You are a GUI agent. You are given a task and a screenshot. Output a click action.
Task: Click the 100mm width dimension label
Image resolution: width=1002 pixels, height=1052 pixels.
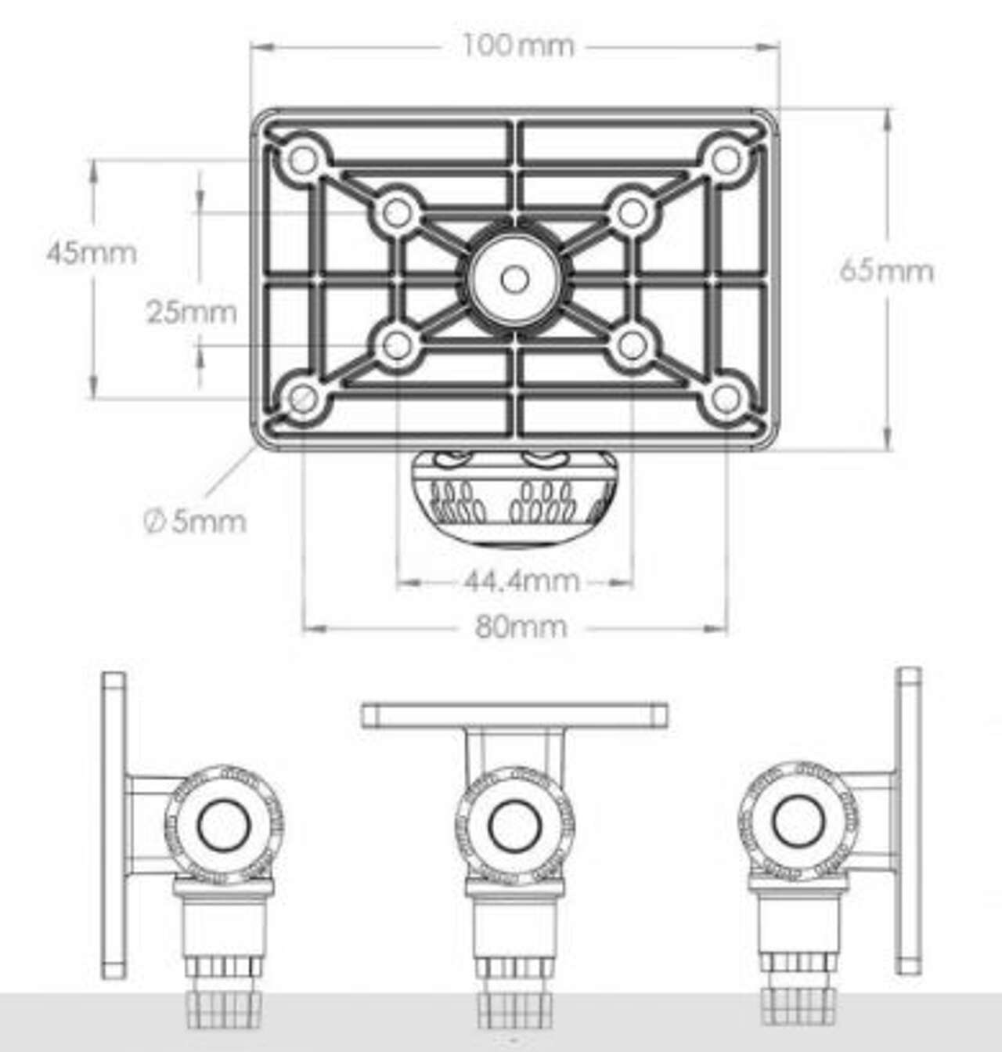[517, 46]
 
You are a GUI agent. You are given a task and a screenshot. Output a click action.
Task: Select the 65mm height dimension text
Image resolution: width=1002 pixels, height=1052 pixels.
[886, 271]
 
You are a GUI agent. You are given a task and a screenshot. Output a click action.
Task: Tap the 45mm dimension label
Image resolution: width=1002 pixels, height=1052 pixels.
[92, 253]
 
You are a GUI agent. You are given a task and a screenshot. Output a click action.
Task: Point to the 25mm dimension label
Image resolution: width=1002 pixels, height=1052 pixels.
[192, 313]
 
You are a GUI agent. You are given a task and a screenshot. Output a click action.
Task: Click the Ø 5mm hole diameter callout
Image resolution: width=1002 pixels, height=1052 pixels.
[195, 522]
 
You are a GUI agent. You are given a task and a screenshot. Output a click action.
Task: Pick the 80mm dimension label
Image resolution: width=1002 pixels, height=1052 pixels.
[521, 627]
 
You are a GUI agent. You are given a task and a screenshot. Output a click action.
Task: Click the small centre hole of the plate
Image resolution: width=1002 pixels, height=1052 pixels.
[514, 280]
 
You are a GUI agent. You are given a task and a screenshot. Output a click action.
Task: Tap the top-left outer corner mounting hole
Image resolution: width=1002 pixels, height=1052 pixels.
[303, 160]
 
